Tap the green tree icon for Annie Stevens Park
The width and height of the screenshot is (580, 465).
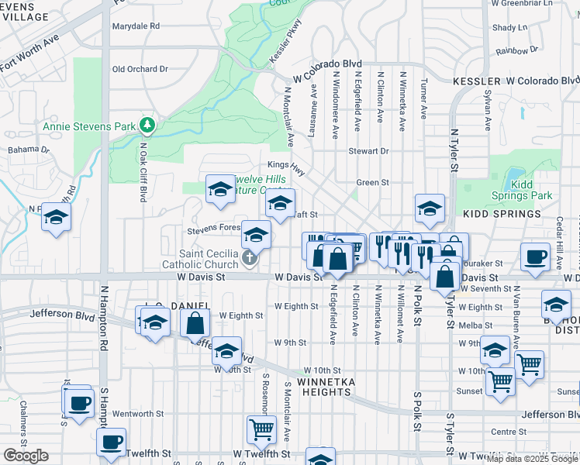point(146,125)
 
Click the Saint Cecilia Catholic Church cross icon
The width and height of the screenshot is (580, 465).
point(250,260)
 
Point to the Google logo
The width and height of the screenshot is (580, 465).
point(26,456)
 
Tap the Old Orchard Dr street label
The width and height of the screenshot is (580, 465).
point(140,69)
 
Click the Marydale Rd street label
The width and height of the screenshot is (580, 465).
point(136,26)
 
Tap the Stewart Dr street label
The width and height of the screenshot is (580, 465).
point(368,151)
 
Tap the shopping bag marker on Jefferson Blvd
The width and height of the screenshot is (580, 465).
point(195,321)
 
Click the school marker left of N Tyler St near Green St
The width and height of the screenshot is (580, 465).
point(430,207)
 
